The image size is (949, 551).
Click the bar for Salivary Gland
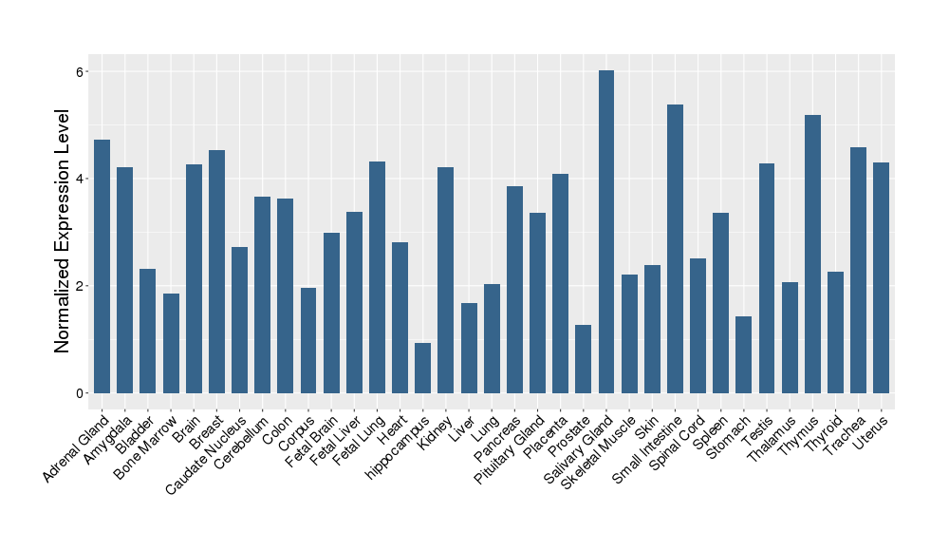pyautogui.click(x=606, y=232)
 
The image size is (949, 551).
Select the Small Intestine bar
pyautogui.click(x=675, y=249)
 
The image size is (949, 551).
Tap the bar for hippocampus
pyautogui.click(x=422, y=368)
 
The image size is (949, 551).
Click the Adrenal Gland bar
pyautogui.click(x=102, y=266)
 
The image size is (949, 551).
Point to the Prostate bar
pyautogui.click(x=583, y=358)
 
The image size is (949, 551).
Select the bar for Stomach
pyautogui.click(x=743, y=354)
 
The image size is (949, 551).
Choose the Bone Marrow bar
pyautogui.click(x=171, y=343)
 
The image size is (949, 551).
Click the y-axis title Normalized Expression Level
pyautogui.click(x=63, y=232)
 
